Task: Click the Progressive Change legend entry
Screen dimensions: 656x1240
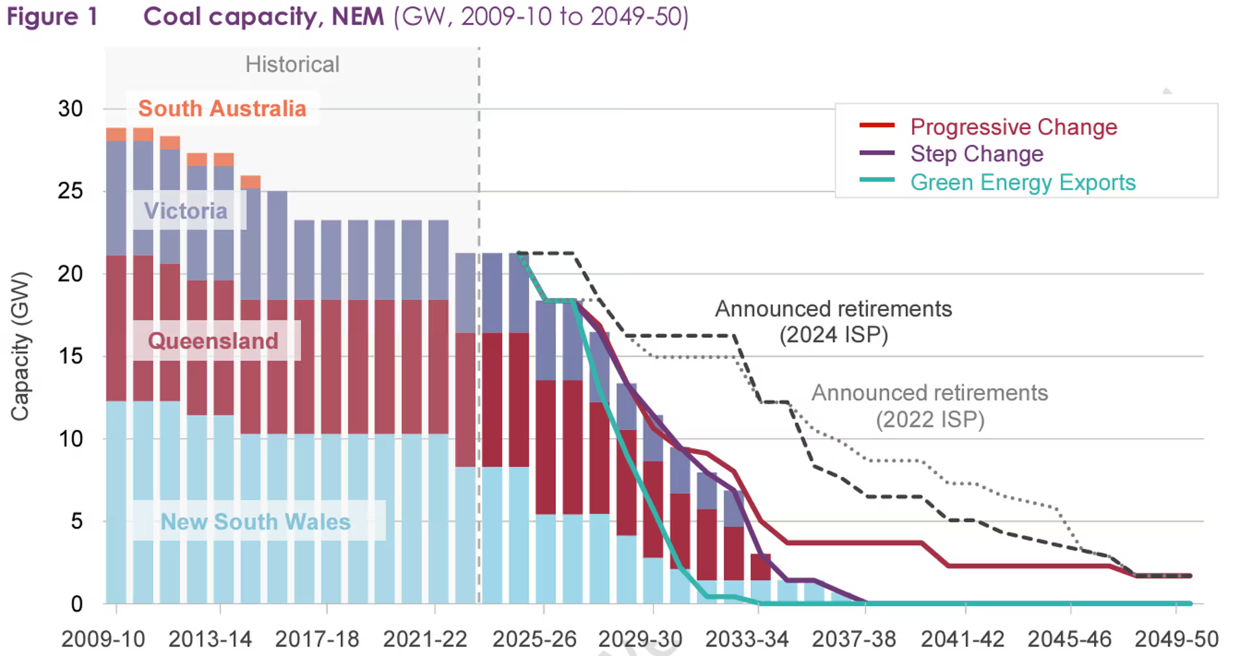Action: coord(1013,127)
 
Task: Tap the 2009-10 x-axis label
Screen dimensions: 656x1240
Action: coord(103,639)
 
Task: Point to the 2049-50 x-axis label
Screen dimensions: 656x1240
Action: coord(1176,639)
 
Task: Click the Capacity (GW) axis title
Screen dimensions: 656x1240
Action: coord(21,346)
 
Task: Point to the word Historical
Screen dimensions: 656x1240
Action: coord(292,65)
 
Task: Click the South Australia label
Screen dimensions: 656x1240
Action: coord(222,109)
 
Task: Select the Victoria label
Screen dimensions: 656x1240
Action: coord(186,211)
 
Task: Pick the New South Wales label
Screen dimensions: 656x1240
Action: coord(255,521)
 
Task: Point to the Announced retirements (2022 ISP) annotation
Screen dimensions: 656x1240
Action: coord(930,406)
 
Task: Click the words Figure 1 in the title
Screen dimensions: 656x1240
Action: coord(52,17)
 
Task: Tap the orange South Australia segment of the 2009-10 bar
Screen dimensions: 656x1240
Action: coord(116,134)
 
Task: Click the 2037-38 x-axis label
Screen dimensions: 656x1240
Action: coord(854,639)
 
